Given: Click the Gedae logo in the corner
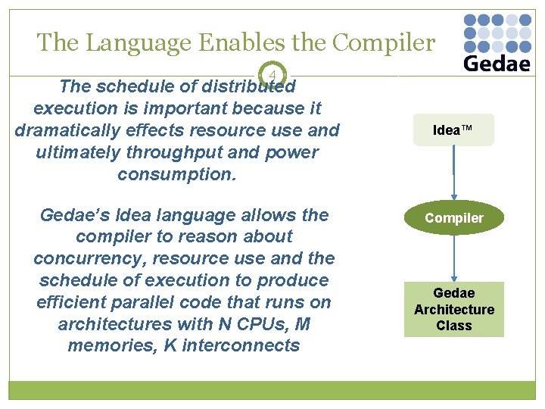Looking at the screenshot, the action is click(496, 43).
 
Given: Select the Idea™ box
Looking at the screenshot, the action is click(453, 130).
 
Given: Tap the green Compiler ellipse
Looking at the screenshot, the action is click(453, 218).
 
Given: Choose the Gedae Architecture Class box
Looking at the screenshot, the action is click(453, 309).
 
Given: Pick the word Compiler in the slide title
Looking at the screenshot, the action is click(386, 42).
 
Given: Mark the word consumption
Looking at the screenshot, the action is click(177, 174).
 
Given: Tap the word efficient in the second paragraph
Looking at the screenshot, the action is click(74, 302).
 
